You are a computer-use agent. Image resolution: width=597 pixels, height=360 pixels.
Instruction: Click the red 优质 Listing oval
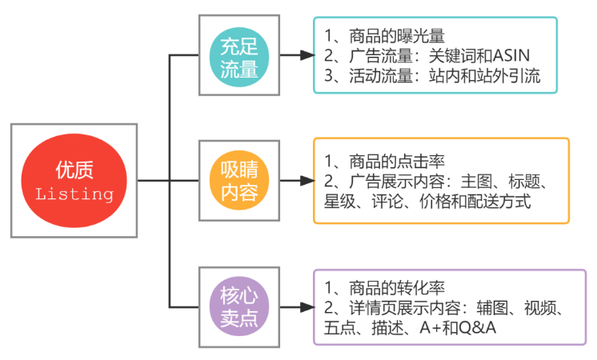tap(74, 181)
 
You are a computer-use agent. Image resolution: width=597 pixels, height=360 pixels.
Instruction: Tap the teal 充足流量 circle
tap(238, 55)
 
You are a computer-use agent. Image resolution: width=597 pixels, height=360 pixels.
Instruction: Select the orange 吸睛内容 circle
tap(238, 181)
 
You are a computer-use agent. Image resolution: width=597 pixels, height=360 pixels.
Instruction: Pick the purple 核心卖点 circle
tap(238, 306)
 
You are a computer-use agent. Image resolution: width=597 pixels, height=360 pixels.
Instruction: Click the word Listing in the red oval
tap(74, 194)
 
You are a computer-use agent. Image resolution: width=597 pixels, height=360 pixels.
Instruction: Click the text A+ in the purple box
tap(429, 328)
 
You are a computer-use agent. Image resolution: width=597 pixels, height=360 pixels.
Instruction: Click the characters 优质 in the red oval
tap(74, 170)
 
